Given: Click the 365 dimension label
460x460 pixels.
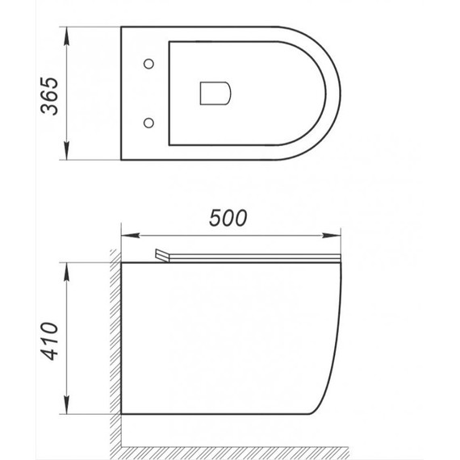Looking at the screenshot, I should point(51,95).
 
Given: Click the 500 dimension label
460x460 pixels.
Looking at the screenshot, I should point(227,219).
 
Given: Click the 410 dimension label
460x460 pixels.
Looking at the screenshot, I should point(51,341).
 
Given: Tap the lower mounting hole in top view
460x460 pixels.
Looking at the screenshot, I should point(148,123).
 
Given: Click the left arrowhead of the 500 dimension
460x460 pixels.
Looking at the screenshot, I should point(127,236).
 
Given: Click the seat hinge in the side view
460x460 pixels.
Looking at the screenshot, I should point(165,255).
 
